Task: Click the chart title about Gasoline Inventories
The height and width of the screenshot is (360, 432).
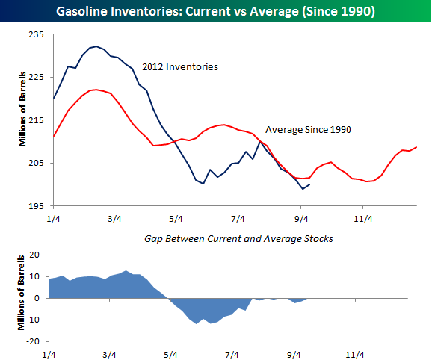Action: (x=215, y=11)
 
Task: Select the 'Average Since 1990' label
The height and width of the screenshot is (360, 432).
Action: (x=309, y=129)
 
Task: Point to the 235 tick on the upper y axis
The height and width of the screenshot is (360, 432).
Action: (x=36, y=34)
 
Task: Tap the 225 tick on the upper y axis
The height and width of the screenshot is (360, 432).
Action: (x=36, y=77)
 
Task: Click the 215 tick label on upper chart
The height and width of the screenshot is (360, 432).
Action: (x=36, y=120)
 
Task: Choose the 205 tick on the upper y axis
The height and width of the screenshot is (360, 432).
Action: (x=36, y=163)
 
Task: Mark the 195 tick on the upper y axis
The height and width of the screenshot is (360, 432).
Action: (x=36, y=205)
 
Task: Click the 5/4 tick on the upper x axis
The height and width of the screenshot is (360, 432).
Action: (x=176, y=218)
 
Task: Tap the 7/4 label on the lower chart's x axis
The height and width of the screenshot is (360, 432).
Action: (x=232, y=355)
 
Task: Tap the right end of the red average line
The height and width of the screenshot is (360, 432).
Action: (x=416, y=147)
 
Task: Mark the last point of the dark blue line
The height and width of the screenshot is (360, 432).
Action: (x=310, y=184)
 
